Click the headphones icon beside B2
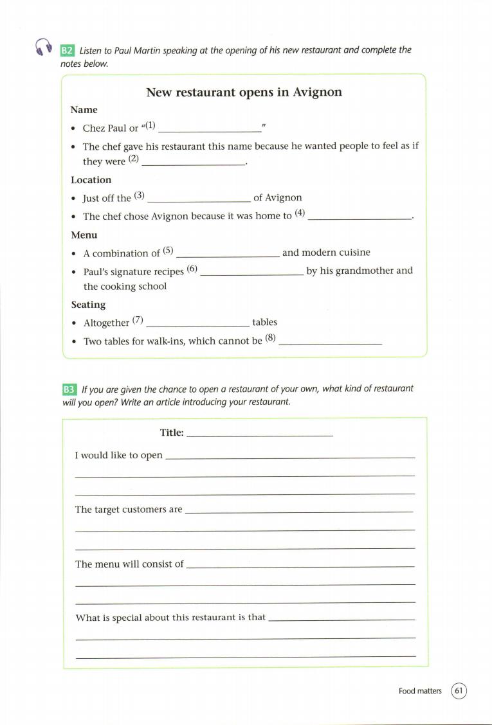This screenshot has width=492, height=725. pyautogui.click(x=43, y=48)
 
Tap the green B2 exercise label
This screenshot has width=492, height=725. pyautogui.click(x=68, y=50)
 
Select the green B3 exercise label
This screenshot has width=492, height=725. pyautogui.click(x=69, y=389)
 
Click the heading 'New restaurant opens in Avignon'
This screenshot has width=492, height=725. pyautogui.click(x=244, y=92)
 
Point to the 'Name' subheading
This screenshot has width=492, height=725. pyautogui.click(x=84, y=110)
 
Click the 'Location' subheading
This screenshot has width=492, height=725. pyautogui.click(x=91, y=180)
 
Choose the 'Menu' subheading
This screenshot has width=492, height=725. pyautogui.click(x=84, y=235)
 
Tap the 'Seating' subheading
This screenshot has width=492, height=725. pyautogui.click(x=88, y=305)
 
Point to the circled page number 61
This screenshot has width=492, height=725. pyautogui.click(x=459, y=691)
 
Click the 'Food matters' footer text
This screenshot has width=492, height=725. pyautogui.click(x=420, y=692)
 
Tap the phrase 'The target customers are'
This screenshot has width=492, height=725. pyautogui.click(x=129, y=510)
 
